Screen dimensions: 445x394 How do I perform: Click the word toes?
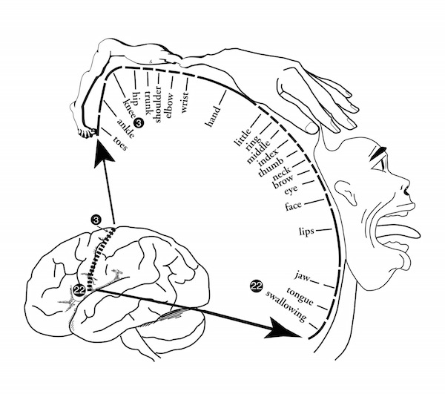pyautogui.click(x=120, y=143)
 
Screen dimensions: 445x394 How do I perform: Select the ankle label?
pyautogui.click(x=125, y=128)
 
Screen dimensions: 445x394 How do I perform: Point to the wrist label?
pyautogui.click(x=185, y=102)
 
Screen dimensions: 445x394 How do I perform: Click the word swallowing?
pyautogui.click(x=286, y=306)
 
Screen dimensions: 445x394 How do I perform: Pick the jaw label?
pyautogui.click(x=302, y=276)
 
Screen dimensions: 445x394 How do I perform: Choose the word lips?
pyautogui.click(x=306, y=232)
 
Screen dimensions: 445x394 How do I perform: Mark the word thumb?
pyautogui.click(x=271, y=167)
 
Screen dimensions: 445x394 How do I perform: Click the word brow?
pyautogui.click(x=283, y=181)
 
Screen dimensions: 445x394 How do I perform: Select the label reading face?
pyautogui.click(x=293, y=206)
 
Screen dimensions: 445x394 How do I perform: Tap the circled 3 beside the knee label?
pyautogui.click(x=139, y=122)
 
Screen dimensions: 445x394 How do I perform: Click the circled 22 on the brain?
pyautogui.click(x=79, y=290)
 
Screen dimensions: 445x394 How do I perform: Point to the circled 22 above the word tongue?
pyautogui.click(x=257, y=286)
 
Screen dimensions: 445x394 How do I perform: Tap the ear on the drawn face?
pyautogui.click(x=345, y=192)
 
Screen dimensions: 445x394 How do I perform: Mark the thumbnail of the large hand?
pyautogui.click(x=311, y=128)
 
